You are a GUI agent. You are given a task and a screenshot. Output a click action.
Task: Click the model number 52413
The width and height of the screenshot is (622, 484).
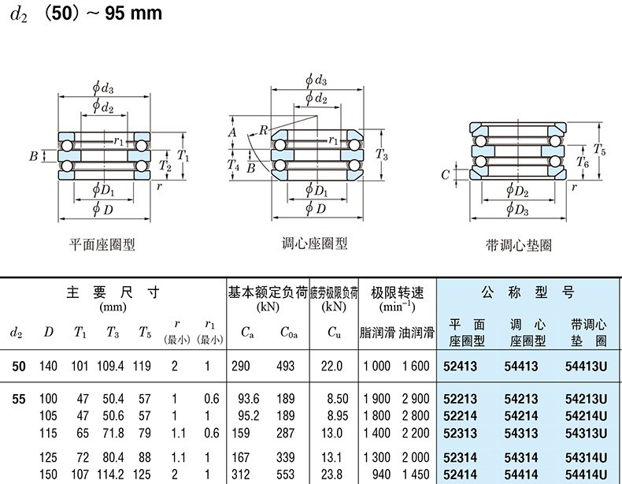[x=460, y=366]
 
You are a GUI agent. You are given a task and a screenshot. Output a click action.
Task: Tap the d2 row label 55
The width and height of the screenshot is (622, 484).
[x=19, y=400]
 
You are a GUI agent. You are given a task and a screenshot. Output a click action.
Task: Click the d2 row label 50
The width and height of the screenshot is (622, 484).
[x=19, y=366]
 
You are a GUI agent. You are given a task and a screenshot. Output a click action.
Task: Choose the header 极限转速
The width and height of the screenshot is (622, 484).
[x=398, y=292]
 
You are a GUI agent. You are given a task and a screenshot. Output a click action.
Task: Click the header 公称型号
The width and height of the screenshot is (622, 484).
[x=528, y=292]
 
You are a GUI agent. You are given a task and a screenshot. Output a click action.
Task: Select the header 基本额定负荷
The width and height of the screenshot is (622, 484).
[x=268, y=292]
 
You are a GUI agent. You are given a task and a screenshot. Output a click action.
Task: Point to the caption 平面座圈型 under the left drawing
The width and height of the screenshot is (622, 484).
[x=103, y=244]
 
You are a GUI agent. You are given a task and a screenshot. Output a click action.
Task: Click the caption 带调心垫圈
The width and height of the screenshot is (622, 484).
[x=519, y=245]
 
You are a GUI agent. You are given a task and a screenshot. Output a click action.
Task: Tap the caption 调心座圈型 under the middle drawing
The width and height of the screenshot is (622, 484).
[x=315, y=244]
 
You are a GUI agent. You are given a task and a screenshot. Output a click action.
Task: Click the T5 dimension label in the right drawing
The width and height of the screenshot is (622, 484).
[x=599, y=148]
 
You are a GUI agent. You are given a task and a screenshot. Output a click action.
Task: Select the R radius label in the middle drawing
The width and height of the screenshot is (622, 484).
[x=262, y=128]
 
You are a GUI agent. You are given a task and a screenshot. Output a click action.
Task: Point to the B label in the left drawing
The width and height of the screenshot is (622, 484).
[x=34, y=156]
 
